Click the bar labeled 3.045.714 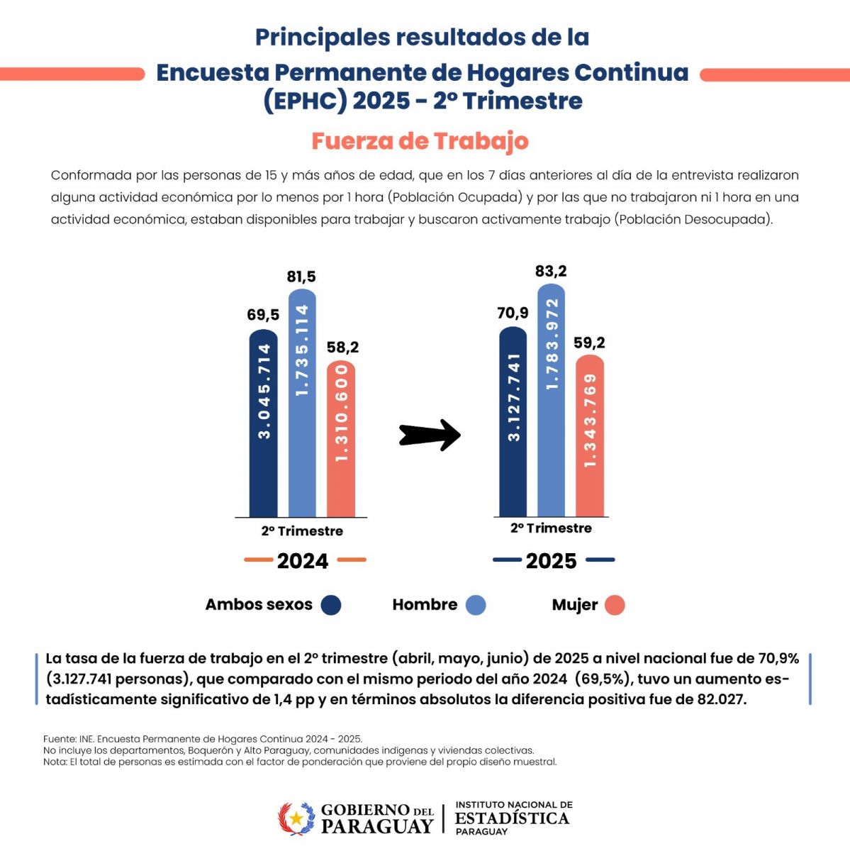(x=263, y=423)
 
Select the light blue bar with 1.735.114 (x=302, y=403)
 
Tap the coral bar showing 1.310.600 (x=341, y=438)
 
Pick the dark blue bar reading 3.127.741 (x=513, y=421)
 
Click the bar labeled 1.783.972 (x=551, y=400)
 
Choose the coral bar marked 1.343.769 (x=590, y=435)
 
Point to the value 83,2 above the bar (x=551, y=271)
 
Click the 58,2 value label (x=342, y=347)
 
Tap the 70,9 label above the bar (x=513, y=313)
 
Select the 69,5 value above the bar (x=263, y=315)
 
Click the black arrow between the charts (x=430, y=435)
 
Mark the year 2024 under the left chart (x=303, y=561)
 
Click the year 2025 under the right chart (x=551, y=561)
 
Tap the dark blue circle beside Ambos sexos (x=331, y=605)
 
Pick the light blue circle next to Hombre (x=476, y=605)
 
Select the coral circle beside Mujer (x=615, y=605)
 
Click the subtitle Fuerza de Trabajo (x=420, y=141)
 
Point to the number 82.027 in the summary (x=721, y=699)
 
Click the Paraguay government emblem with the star (x=296, y=818)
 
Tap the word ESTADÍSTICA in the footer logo (x=513, y=818)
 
